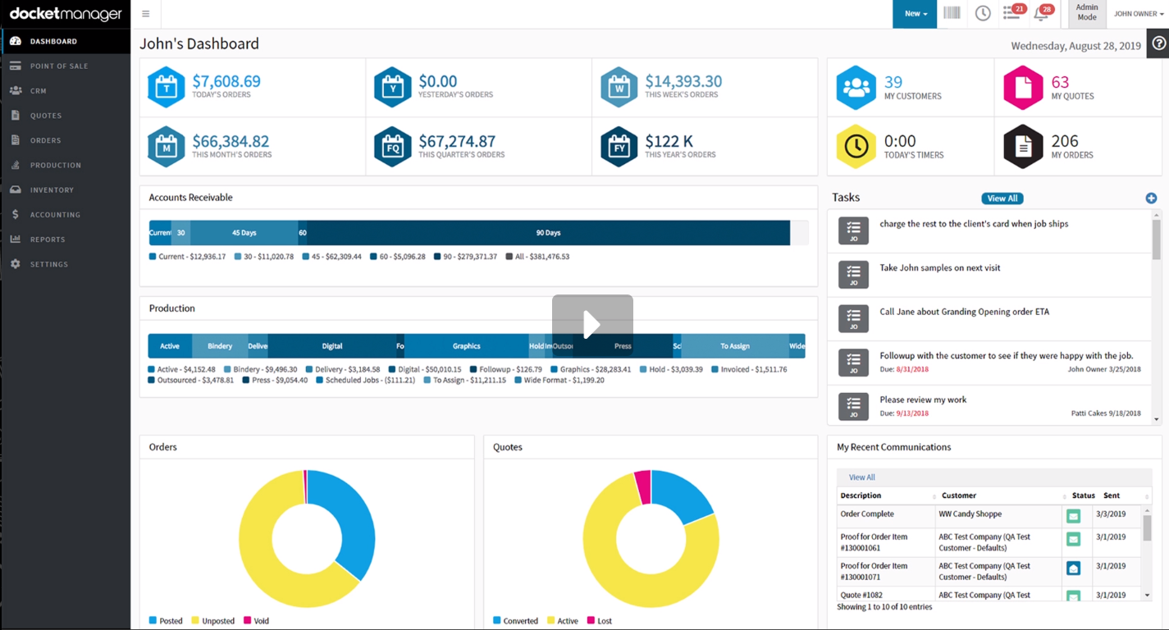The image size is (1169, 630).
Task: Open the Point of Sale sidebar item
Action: (59, 66)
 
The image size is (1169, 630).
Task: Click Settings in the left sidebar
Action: (49, 264)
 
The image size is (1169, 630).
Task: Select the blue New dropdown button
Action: (915, 14)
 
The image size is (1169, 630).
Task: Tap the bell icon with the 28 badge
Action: (1042, 14)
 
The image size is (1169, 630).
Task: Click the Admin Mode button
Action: (1087, 13)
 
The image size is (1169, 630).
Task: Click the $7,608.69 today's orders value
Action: (226, 81)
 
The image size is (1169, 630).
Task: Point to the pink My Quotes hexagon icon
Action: (1023, 88)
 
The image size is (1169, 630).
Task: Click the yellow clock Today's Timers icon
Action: (856, 146)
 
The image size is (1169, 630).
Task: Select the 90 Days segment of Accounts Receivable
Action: (548, 233)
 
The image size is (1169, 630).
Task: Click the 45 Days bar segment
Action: (244, 233)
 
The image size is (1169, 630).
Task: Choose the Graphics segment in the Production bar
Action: (466, 346)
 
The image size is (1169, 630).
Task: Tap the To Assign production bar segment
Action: (734, 346)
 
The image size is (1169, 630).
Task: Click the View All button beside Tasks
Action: (1002, 199)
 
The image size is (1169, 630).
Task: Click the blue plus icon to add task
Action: (1151, 198)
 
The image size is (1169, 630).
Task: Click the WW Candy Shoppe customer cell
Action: (970, 514)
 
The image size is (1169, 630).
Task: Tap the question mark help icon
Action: (1158, 44)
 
